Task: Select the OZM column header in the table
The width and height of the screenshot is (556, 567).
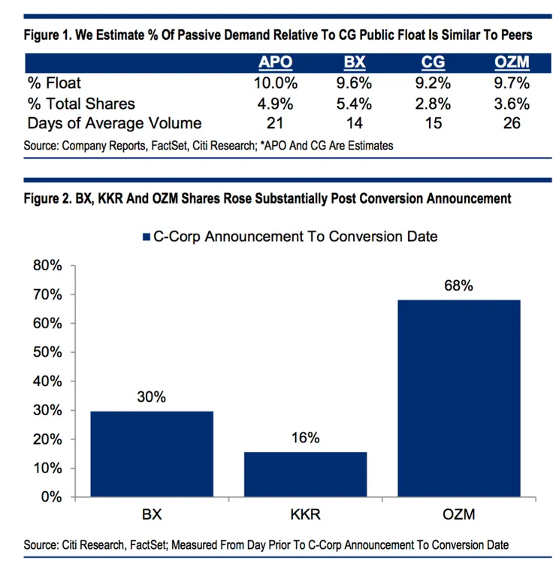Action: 512,62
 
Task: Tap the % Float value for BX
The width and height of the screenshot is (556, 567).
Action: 354,83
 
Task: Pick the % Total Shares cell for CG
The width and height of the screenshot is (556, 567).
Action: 434,103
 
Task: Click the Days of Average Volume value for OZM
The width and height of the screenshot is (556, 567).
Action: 512,122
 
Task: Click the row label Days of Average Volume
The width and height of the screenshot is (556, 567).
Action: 115,122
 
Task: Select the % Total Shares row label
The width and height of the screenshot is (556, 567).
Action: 80,103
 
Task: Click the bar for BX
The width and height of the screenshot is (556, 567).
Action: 152,454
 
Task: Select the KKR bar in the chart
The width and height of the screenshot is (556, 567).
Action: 306,474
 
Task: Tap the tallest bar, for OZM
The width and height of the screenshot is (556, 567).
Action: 459,398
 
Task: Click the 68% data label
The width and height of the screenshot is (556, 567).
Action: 459,285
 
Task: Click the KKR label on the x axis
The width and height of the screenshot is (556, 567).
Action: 306,516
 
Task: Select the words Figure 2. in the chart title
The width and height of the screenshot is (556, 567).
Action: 49,198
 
